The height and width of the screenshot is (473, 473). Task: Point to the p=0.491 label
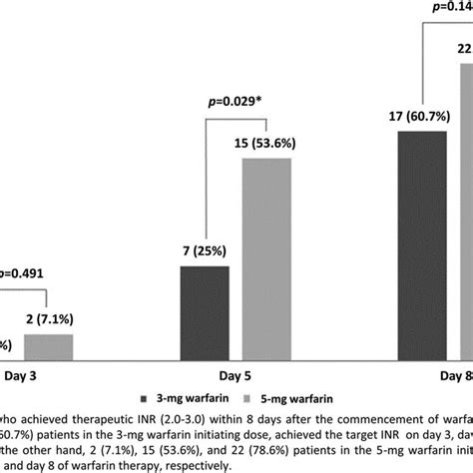click(22, 271)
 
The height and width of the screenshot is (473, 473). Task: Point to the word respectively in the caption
click(186, 464)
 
